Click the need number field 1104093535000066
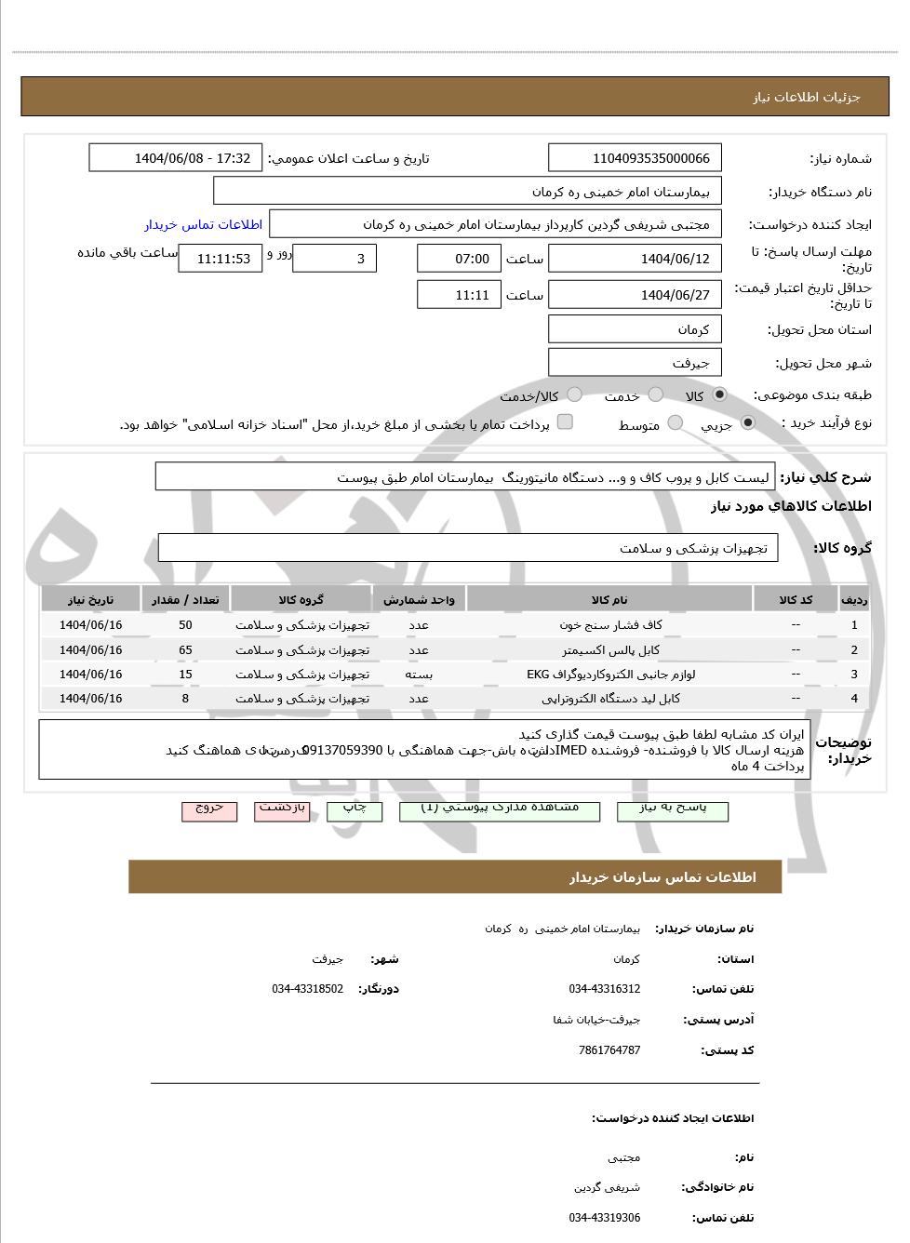point(635,158)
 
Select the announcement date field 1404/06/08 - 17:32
point(175,158)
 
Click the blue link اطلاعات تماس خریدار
point(203,224)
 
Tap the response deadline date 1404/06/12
point(635,259)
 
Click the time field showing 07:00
point(458,259)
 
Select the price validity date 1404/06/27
point(635,295)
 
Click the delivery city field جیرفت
point(635,363)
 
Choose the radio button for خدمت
point(656,395)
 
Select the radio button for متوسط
point(676,423)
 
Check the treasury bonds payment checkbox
point(565,422)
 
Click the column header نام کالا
point(609,600)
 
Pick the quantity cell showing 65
point(185,649)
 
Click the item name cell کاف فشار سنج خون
point(609,625)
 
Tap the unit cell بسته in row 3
point(419,674)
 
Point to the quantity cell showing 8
point(185,698)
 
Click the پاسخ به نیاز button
point(672,809)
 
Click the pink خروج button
point(209,809)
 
